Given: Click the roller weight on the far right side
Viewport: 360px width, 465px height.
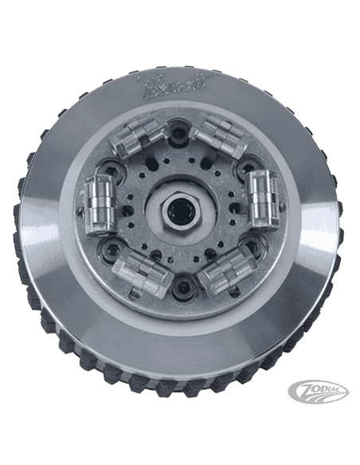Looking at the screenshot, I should point(260,201).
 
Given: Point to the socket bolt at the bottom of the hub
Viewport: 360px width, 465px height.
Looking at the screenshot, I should point(177,289).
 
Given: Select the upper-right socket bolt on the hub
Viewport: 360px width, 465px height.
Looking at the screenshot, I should point(242,164).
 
